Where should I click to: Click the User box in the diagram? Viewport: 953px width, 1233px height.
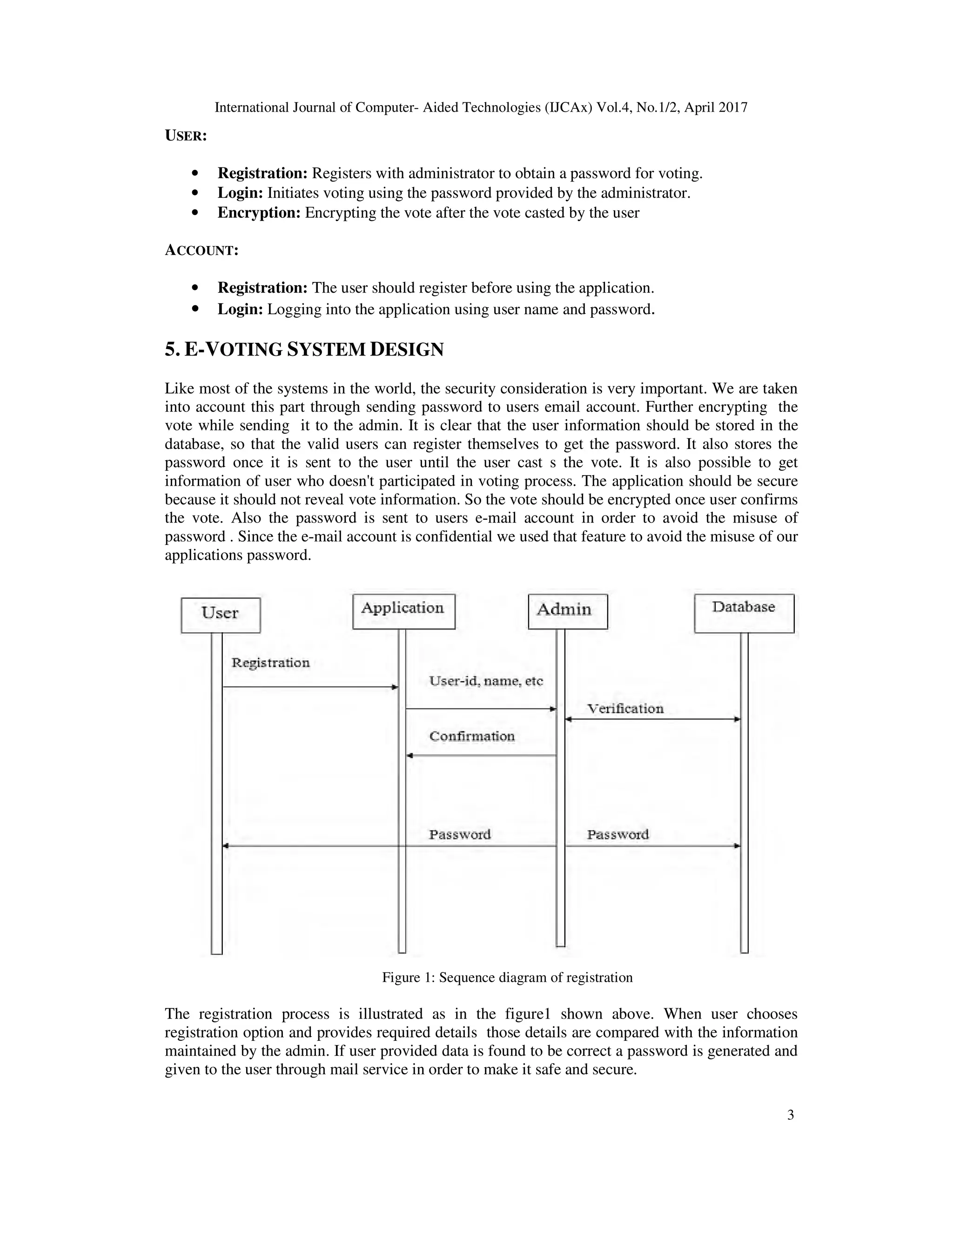(x=221, y=615)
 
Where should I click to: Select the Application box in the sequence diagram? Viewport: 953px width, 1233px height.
(x=403, y=611)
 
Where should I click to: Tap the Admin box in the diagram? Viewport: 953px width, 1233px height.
(x=567, y=611)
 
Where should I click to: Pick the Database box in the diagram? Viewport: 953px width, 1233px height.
(x=744, y=613)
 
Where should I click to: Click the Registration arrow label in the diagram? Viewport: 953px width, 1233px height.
(x=270, y=662)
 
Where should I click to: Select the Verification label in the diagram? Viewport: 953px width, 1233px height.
(x=625, y=709)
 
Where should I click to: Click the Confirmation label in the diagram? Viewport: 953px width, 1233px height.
(x=472, y=736)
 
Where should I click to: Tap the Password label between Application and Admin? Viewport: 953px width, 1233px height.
(x=460, y=834)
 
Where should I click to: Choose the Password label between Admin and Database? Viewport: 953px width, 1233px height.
(x=617, y=834)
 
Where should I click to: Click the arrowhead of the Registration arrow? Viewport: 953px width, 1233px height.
(x=395, y=687)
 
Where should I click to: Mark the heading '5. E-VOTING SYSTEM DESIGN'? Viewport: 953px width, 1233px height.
(x=304, y=350)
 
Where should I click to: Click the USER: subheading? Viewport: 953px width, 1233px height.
(x=186, y=136)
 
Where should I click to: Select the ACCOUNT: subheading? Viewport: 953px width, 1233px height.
(x=201, y=251)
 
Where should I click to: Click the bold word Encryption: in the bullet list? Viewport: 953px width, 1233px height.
(x=259, y=213)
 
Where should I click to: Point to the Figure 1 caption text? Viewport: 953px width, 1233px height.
(x=507, y=977)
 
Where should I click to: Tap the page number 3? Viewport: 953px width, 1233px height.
(x=791, y=1115)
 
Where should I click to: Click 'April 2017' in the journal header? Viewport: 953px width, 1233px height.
(x=715, y=107)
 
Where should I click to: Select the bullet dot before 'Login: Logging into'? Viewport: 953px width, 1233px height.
(x=195, y=309)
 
